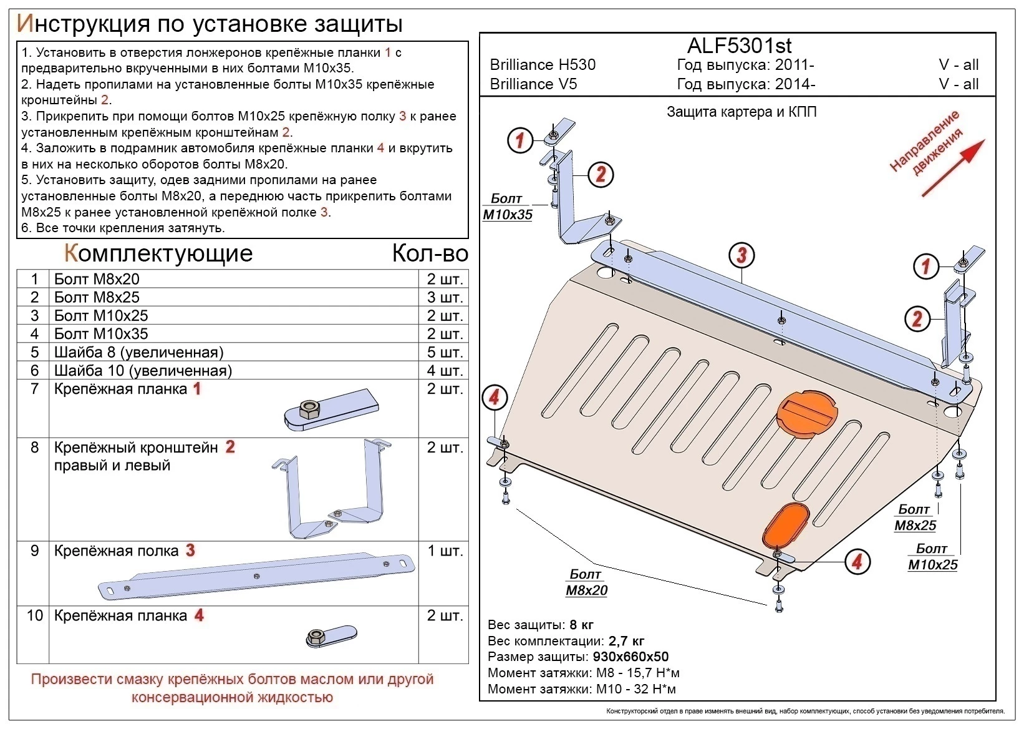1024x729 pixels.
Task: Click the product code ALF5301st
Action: (x=739, y=46)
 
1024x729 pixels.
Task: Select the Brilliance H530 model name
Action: (x=543, y=65)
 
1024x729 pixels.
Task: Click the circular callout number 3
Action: (x=741, y=255)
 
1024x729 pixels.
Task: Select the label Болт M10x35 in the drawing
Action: (x=507, y=207)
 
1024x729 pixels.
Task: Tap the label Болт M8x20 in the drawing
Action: (x=586, y=582)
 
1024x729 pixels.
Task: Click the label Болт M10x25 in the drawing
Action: (x=932, y=557)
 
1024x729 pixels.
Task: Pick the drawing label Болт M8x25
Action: (x=915, y=517)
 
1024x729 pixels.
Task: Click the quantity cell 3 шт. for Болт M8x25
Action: (x=445, y=297)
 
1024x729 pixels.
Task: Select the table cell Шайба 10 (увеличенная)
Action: (x=143, y=371)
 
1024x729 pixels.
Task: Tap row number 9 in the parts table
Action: (x=34, y=551)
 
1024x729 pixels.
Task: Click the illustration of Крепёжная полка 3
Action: (x=257, y=576)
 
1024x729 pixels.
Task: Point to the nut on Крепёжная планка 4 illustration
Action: (x=315, y=637)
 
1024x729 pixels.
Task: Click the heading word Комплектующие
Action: (x=158, y=253)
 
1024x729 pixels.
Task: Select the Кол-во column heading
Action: (x=430, y=253)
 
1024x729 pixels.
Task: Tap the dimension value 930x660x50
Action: (x=630, y=657)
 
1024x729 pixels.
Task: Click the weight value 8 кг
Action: (x=581, y=625)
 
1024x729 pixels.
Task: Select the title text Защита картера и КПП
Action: (x=741, y=112)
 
